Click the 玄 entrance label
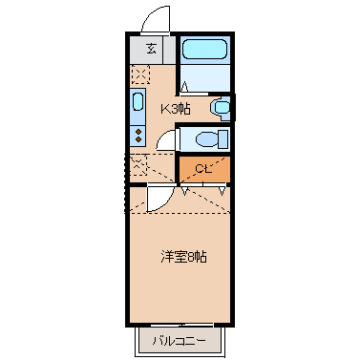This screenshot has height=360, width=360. click(x=151, y=50)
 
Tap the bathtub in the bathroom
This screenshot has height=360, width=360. click(x=204, y=50)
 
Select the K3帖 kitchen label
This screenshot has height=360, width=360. click(x=175, y=109)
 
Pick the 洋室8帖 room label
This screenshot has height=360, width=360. click(x=183, y=257)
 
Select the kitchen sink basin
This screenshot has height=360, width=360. click(x=137, y=106)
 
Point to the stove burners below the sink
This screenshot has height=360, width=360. click(x=137, y=134)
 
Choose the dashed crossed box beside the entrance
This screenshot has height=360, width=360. click(x=139, y=74)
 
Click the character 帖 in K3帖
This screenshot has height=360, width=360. click(x=184, y=109)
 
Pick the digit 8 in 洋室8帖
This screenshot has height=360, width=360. click(x=189, y=257)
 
